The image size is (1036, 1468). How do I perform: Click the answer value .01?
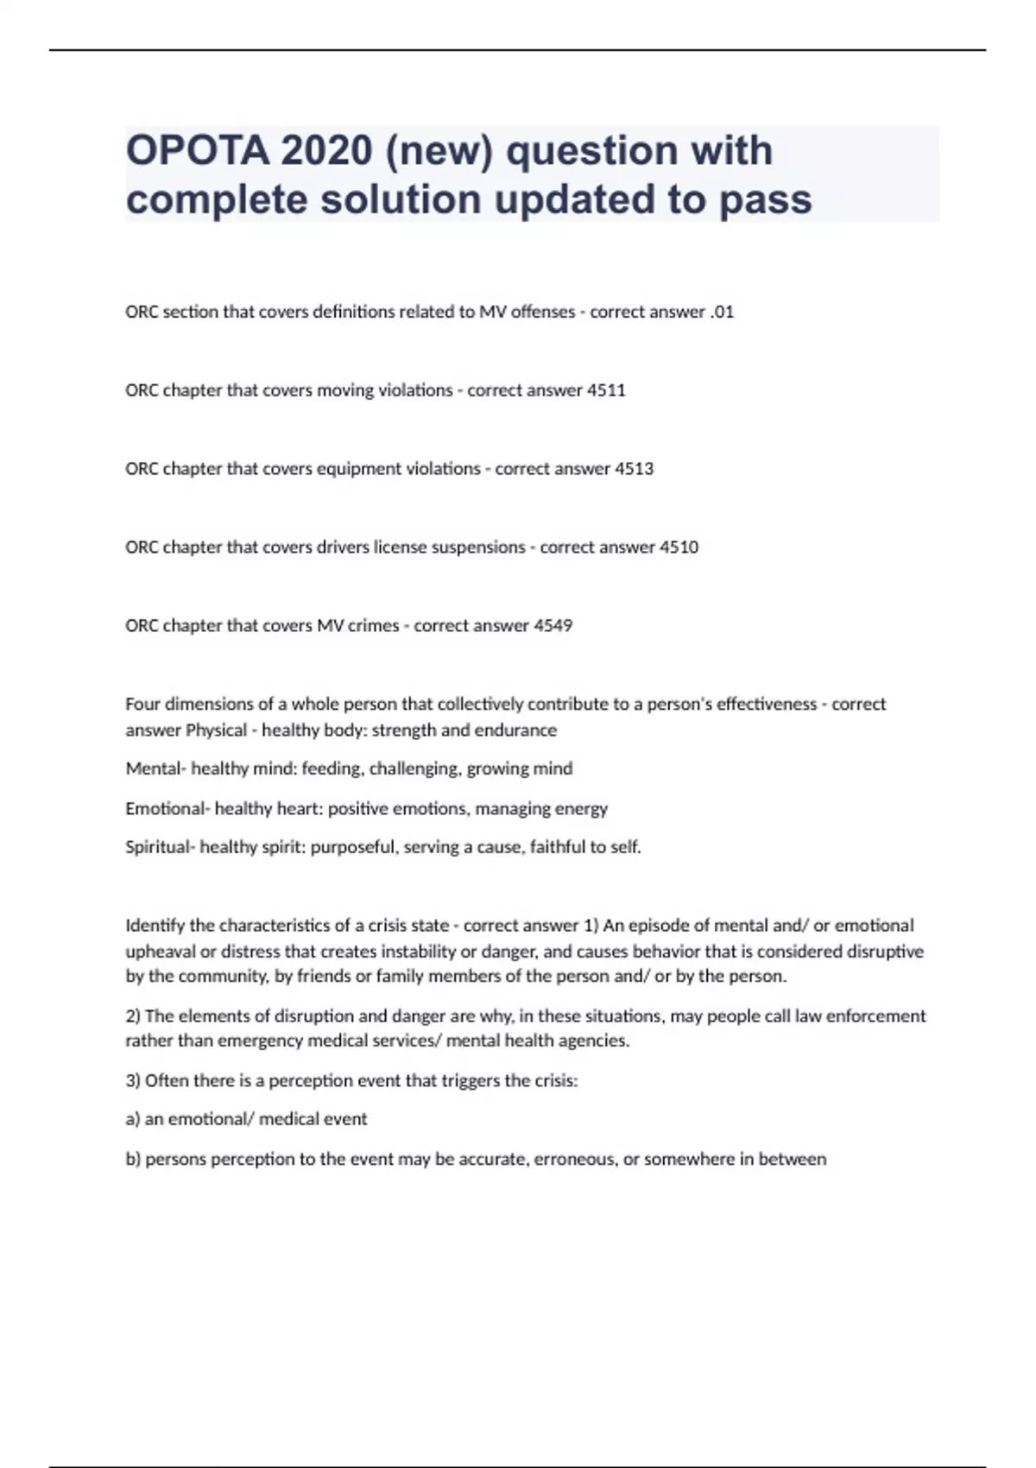721,312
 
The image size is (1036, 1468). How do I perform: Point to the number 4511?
606,390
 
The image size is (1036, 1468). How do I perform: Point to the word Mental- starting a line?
155,769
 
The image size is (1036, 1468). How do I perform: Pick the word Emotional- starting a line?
167,809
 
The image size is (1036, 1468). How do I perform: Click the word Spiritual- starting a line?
161,847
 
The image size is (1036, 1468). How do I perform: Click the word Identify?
155,926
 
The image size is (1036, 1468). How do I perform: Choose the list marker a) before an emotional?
133,1119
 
